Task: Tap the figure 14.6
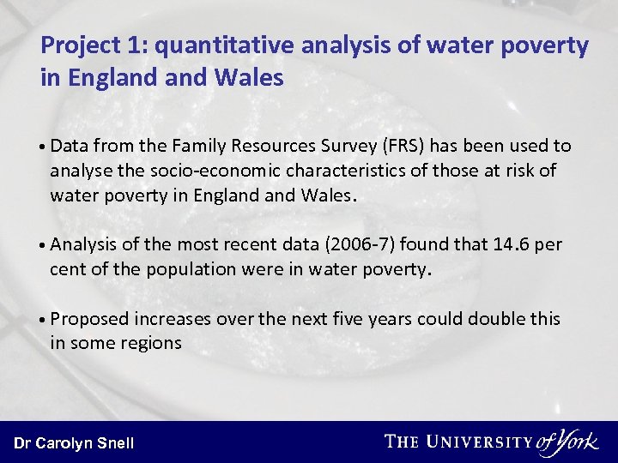pos(513,244)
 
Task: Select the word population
pos(184,268)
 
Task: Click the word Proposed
pos(89,319)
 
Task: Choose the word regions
pos(152,343)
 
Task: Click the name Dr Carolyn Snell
pos(74,443)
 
